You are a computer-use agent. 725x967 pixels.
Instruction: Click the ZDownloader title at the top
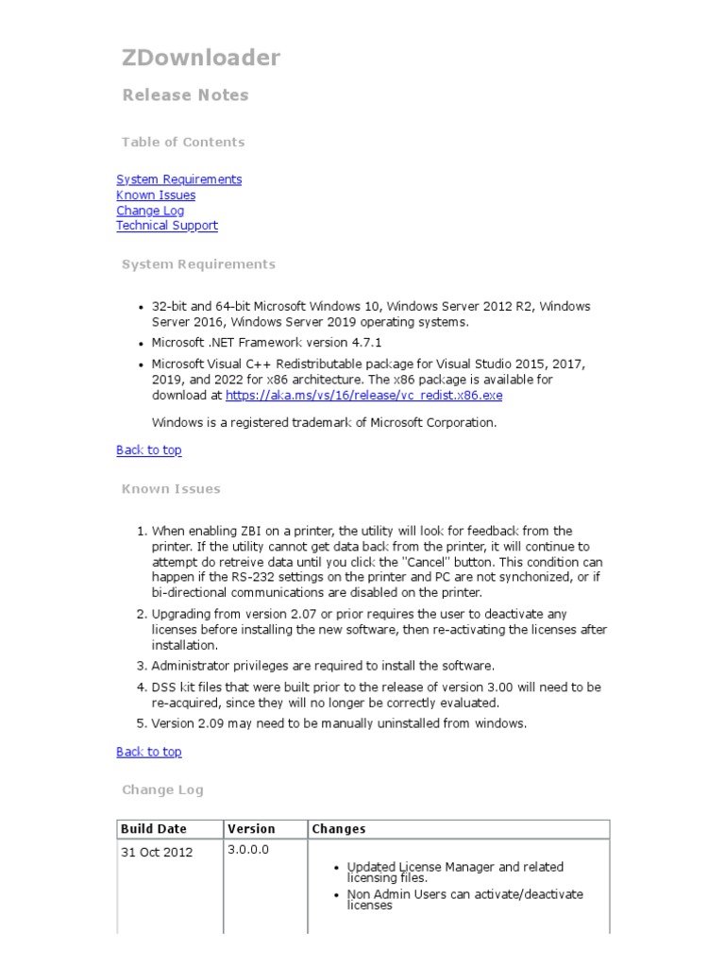201,59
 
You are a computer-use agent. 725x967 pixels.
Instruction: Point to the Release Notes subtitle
185,95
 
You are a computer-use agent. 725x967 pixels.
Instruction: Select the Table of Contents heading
183,143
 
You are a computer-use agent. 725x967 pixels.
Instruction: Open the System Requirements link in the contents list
178,179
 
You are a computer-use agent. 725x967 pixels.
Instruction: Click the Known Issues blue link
156,195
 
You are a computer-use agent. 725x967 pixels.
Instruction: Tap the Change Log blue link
150,211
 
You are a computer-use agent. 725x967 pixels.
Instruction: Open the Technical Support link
166,226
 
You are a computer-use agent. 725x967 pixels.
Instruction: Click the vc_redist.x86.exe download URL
363,396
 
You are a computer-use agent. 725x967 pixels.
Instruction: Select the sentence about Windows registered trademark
324,423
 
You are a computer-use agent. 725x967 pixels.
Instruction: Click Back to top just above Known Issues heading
148,450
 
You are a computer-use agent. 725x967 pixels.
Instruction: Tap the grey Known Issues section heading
171,489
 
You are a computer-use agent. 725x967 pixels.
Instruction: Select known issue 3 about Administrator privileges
323,666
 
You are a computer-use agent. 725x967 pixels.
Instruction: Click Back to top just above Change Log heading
148,752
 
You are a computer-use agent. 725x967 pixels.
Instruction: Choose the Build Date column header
154,829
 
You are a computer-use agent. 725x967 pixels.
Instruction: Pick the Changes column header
339,829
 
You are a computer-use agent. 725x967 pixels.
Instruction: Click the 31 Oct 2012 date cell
157,853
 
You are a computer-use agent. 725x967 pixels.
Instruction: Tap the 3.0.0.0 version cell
248,850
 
